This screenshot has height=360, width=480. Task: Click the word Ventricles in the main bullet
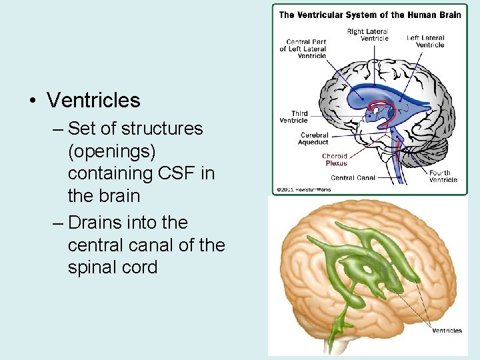coord(93,101)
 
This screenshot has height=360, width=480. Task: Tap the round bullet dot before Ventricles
coord(31,101)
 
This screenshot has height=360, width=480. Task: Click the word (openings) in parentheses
coord(111,151)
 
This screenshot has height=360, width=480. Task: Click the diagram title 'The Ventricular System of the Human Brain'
coord(369,15)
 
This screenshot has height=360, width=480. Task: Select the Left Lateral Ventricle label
coord(425,41)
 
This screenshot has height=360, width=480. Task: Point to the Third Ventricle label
coord(294,117)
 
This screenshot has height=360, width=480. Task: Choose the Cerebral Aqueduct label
coord(314,139)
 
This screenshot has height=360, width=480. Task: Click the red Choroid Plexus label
coord(335,159)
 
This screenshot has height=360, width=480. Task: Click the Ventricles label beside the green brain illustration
coord(447,331)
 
